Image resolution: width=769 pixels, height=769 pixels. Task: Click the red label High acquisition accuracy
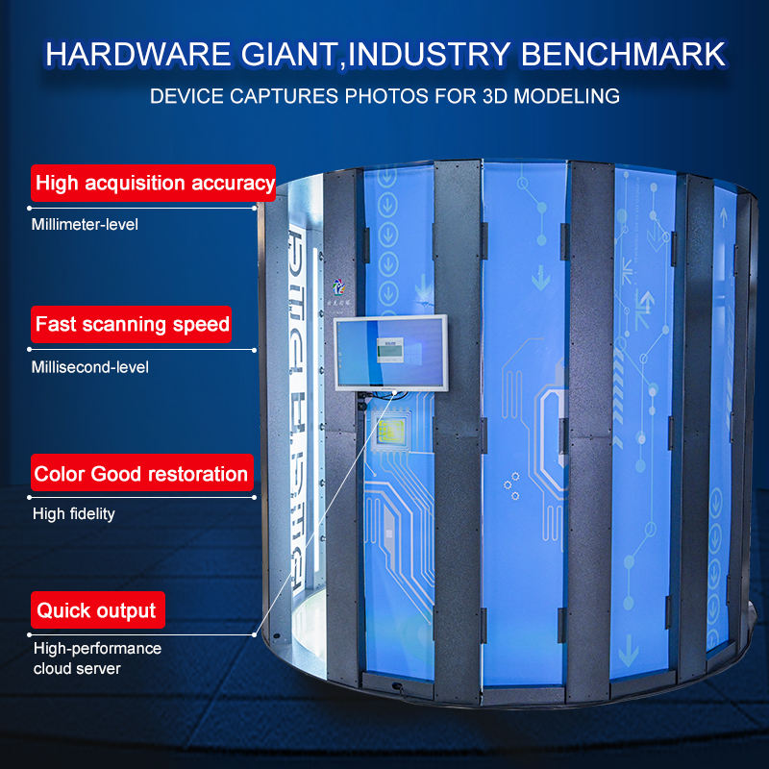pyautogui.click(x=154, y=183)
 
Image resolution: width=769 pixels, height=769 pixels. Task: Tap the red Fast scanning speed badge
pyautogui.click(x=133, y=324)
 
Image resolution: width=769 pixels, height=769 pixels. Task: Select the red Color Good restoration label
pyautogui.click(x=141, y=474)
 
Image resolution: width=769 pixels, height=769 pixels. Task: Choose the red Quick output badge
pyautogui.click(x=96, y=610)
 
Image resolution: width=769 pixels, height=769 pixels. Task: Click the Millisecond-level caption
pyautogui.click(x=91, y=366)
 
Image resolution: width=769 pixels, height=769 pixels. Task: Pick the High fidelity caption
pyautogui.click(x=74, y=514)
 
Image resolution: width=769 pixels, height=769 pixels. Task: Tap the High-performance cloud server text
pyautogui.click(x=96, y=658)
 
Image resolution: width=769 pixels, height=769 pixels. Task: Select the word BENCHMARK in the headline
pyautogui.click(x=622, y=54)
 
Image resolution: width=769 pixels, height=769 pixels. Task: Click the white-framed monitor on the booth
pyautogui.click(x=390, y=353)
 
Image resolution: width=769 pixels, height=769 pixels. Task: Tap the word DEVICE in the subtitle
pyautogui.click(x=183, y=97)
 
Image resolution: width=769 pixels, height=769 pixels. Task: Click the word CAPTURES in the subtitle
pyautogui.click(x=280, y=97)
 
